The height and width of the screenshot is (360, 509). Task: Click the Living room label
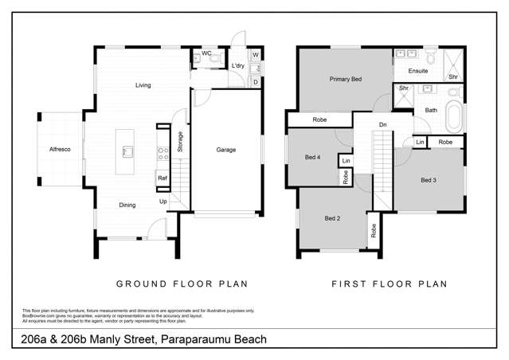click(x=143, y=85)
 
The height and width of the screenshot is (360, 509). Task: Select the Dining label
click(x=127, y=205)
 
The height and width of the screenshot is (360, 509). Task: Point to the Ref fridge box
click(x=162, y=178)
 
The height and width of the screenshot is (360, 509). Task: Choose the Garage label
click(x=225, y=150)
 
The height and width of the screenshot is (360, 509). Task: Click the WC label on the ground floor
click(x=206, y=53)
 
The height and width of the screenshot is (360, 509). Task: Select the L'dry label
click(x=237, y=65)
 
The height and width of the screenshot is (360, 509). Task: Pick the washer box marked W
click(x=255, y=56)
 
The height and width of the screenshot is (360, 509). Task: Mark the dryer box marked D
click(x=255, y=81)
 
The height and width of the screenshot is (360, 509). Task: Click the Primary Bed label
click(x=346, y=80)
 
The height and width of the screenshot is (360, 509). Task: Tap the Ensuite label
click(x=417, y=71)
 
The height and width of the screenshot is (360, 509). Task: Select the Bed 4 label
click(x=313, y=157)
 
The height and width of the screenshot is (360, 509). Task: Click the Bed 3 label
click(x=428, y=180)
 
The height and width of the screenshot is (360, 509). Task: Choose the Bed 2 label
click(x=332, y=218)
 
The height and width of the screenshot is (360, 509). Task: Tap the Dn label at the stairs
click(x=383, y=124)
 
